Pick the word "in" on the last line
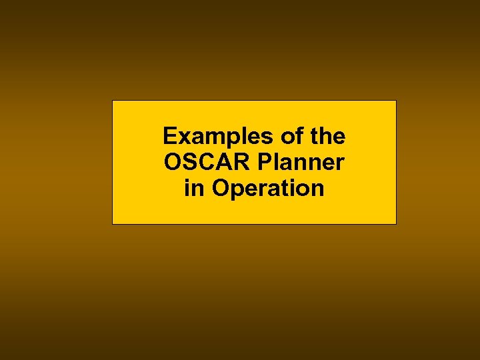pyautogui.click(x=195, y=188)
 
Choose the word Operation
pyautogui.click(x=268, y=189)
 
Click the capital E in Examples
pyautogui.click(x=169, y=137)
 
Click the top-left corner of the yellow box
pyautogui.click(x=112, y=101)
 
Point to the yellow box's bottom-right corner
pyautogui.click(x=396, y=223)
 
